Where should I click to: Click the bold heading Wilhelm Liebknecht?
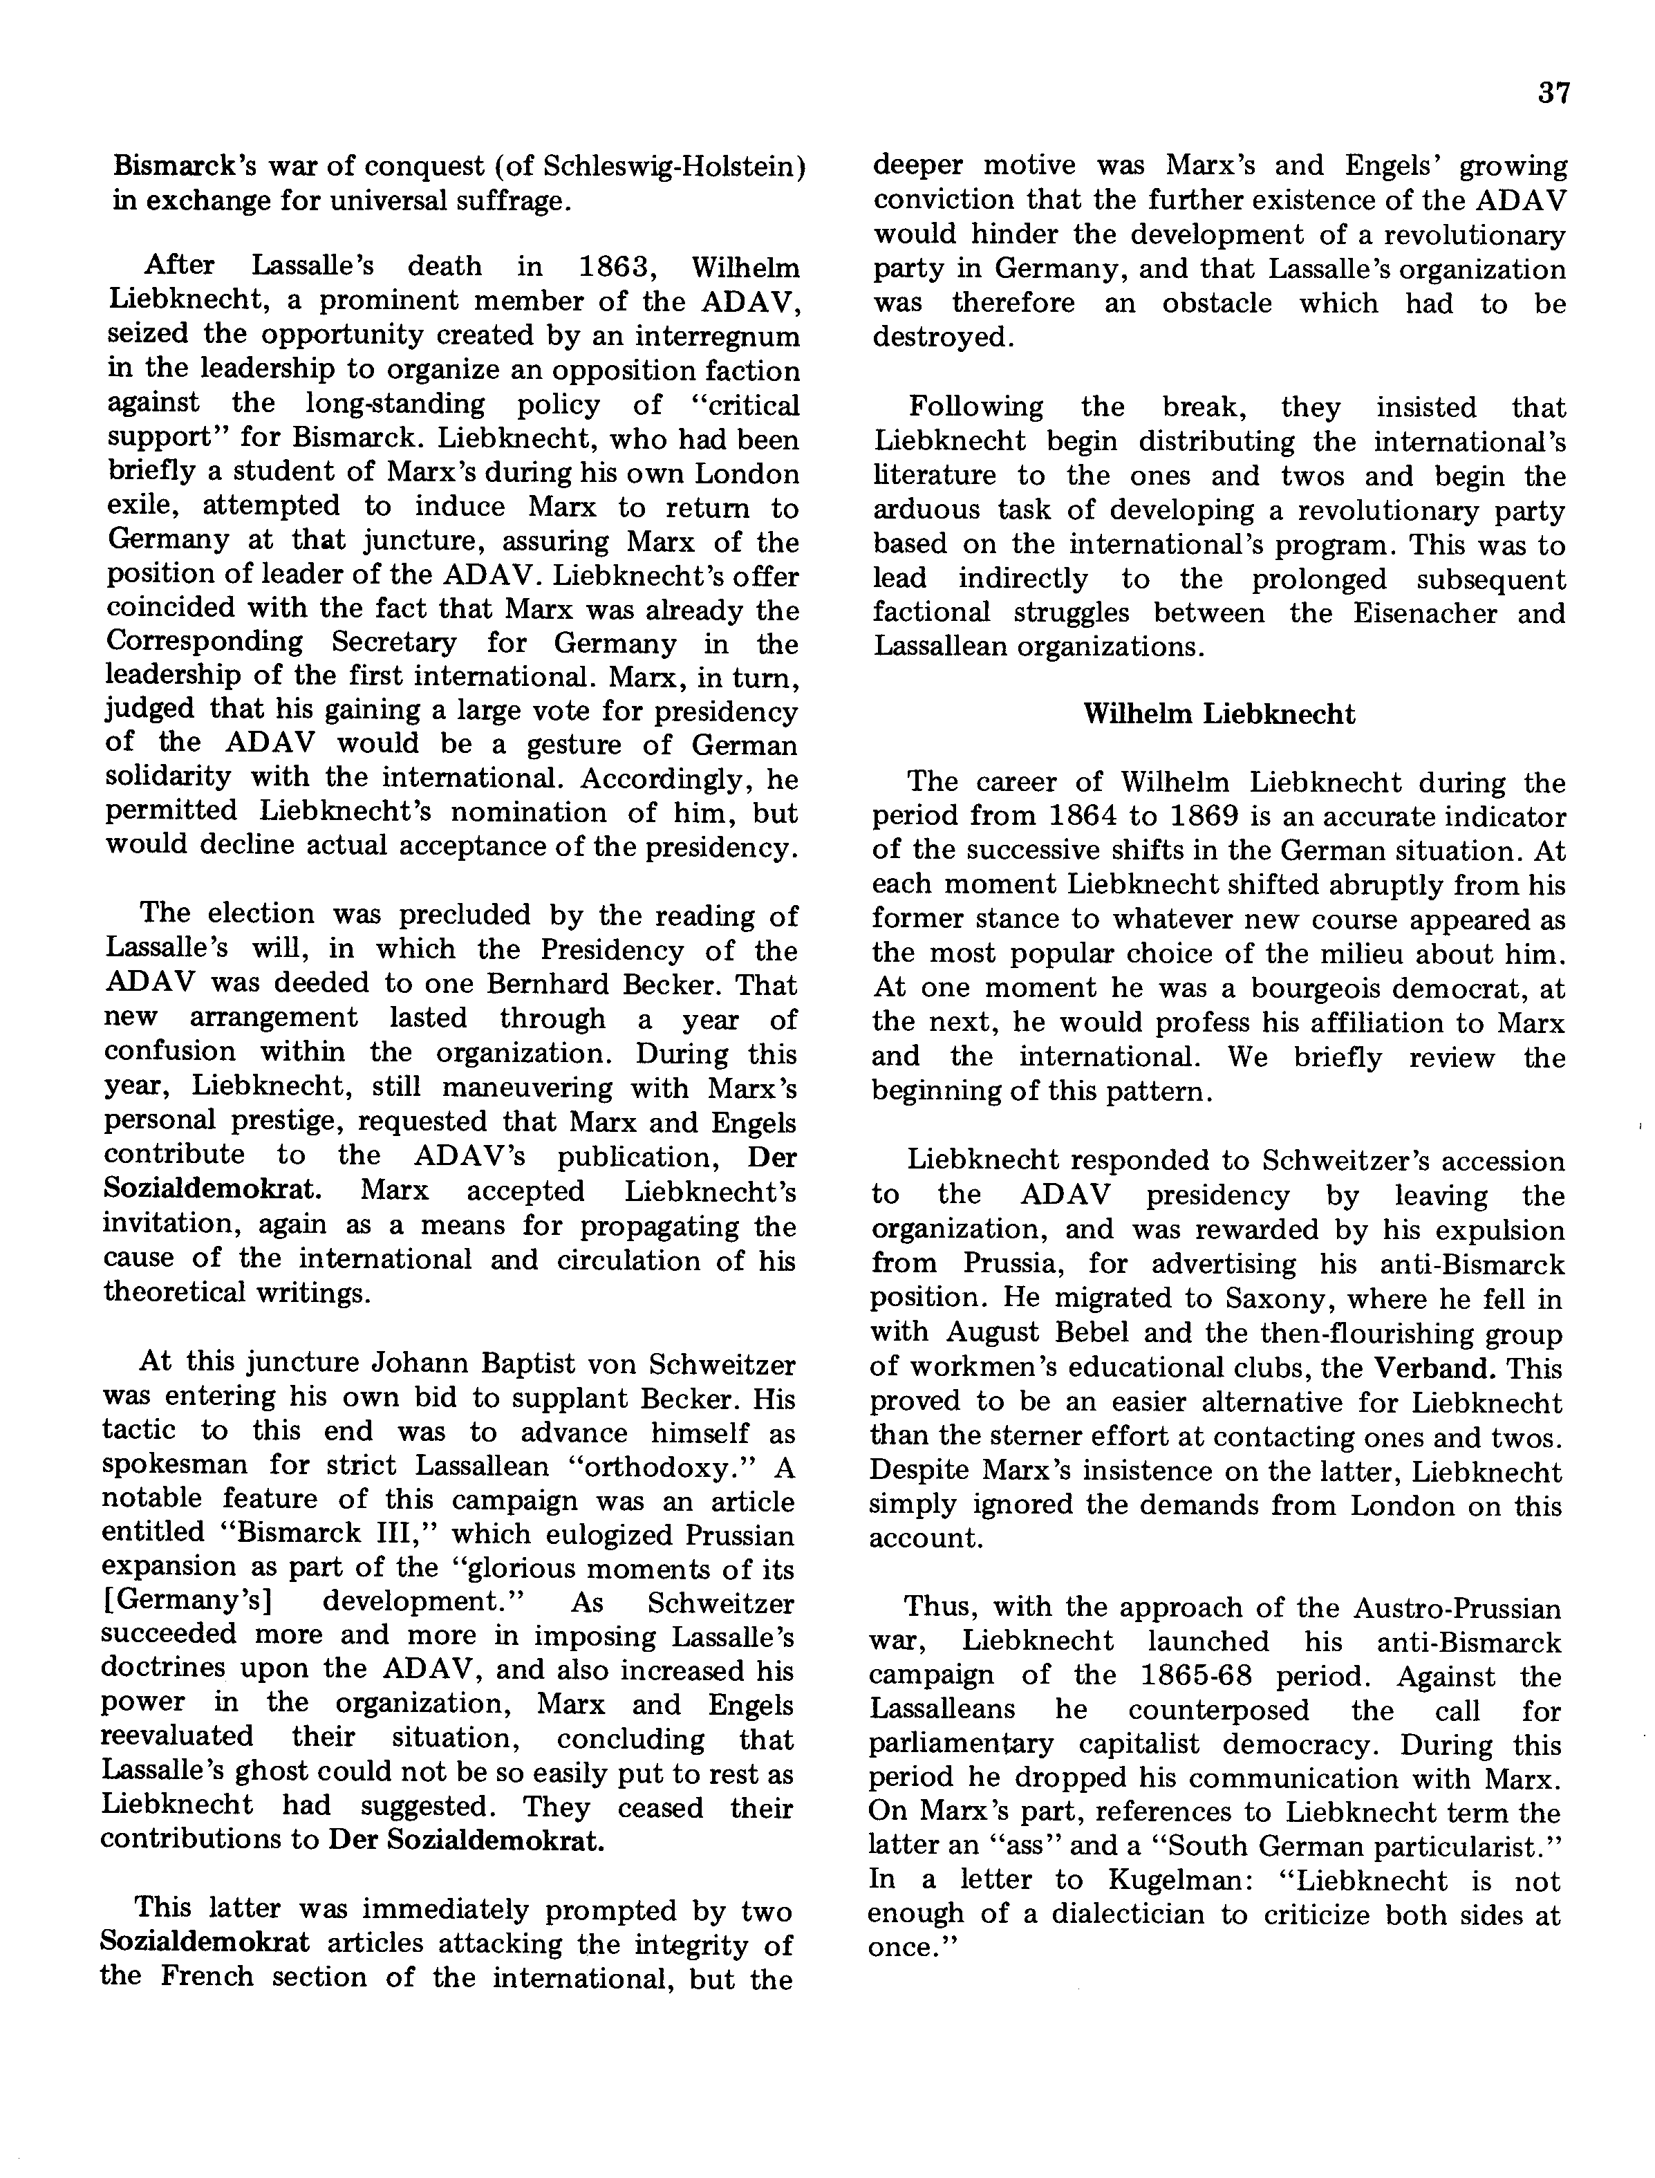(1219, 714)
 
